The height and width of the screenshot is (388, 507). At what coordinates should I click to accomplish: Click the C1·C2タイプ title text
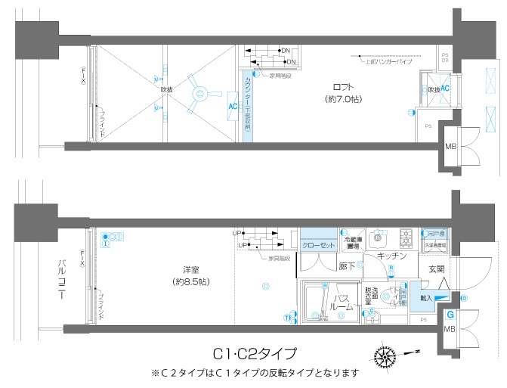(x=254, y=353)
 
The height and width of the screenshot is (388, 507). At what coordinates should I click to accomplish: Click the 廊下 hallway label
(x=348, y=265)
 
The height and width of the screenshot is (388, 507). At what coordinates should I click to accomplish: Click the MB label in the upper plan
(x=450, y=146)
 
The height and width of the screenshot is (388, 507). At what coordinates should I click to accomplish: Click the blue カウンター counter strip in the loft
(x=247, y=107)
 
